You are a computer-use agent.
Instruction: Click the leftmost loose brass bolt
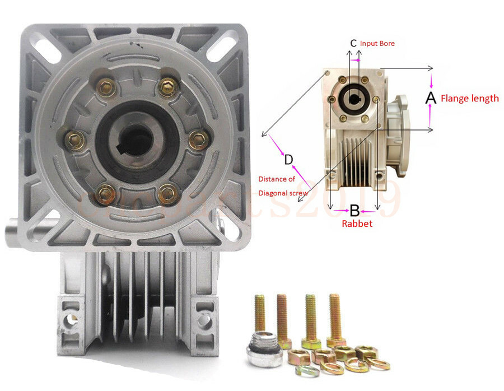[x=260, y=314]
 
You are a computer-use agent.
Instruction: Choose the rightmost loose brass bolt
[x=335, y=316]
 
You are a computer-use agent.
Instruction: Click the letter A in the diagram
[x=430, y=98]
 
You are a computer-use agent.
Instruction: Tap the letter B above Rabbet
[x=354, y=211]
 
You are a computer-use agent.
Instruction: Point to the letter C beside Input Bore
[x=353, y=43]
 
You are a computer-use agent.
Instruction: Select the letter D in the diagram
[x=288, y=160]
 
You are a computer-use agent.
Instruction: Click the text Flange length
[x=469, y=99]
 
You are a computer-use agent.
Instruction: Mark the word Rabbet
[x=357, y=223]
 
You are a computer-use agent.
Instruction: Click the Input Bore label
[x=377, y=43]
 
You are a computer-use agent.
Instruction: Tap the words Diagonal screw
[x=283, y=193]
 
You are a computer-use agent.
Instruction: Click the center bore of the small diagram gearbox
[x=354, y=100]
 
